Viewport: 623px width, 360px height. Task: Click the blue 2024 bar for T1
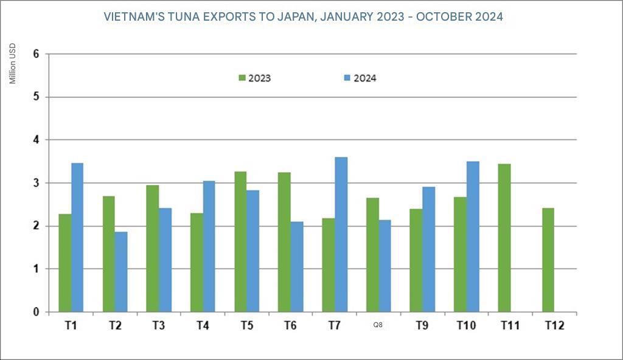coord(77,237)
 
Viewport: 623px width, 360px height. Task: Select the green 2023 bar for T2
coord(108,254)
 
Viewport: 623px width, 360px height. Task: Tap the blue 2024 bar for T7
coord(341,234)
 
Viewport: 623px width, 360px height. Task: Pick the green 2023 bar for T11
coord(504,238)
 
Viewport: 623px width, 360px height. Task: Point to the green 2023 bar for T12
coord(548,260)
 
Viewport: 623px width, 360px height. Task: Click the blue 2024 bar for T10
coord(473,237)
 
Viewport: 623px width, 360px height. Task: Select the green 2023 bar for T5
coord(240,241)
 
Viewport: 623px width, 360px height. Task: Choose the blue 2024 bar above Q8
coord(385,266)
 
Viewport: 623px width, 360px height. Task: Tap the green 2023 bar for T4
coord(196,262)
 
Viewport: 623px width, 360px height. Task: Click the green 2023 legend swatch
coord(242,78)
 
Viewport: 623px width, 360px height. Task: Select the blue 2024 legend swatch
coord(347,78)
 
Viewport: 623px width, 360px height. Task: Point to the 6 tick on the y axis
coord(36,54)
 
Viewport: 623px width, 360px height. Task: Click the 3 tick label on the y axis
coord(36,183)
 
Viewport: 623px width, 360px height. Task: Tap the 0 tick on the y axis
coord(36,312)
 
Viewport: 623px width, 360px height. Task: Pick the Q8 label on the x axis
coord(378,325)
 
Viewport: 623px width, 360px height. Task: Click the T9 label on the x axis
coord(422,325)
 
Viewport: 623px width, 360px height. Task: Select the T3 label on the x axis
coord(159,325)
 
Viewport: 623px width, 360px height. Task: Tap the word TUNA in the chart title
coord(209,17)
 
